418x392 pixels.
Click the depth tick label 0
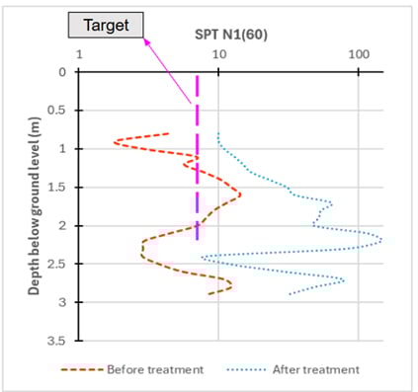point(60,72)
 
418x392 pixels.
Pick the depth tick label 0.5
point(56,111)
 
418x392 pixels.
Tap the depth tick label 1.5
point(56,187)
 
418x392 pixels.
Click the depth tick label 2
point(60,225)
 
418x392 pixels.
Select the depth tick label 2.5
point(56,264)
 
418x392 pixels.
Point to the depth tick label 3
point(60,302)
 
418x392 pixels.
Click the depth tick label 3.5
point(56,341)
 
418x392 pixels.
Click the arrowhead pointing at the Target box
point(146,40)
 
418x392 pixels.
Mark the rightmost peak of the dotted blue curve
point(380,239)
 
